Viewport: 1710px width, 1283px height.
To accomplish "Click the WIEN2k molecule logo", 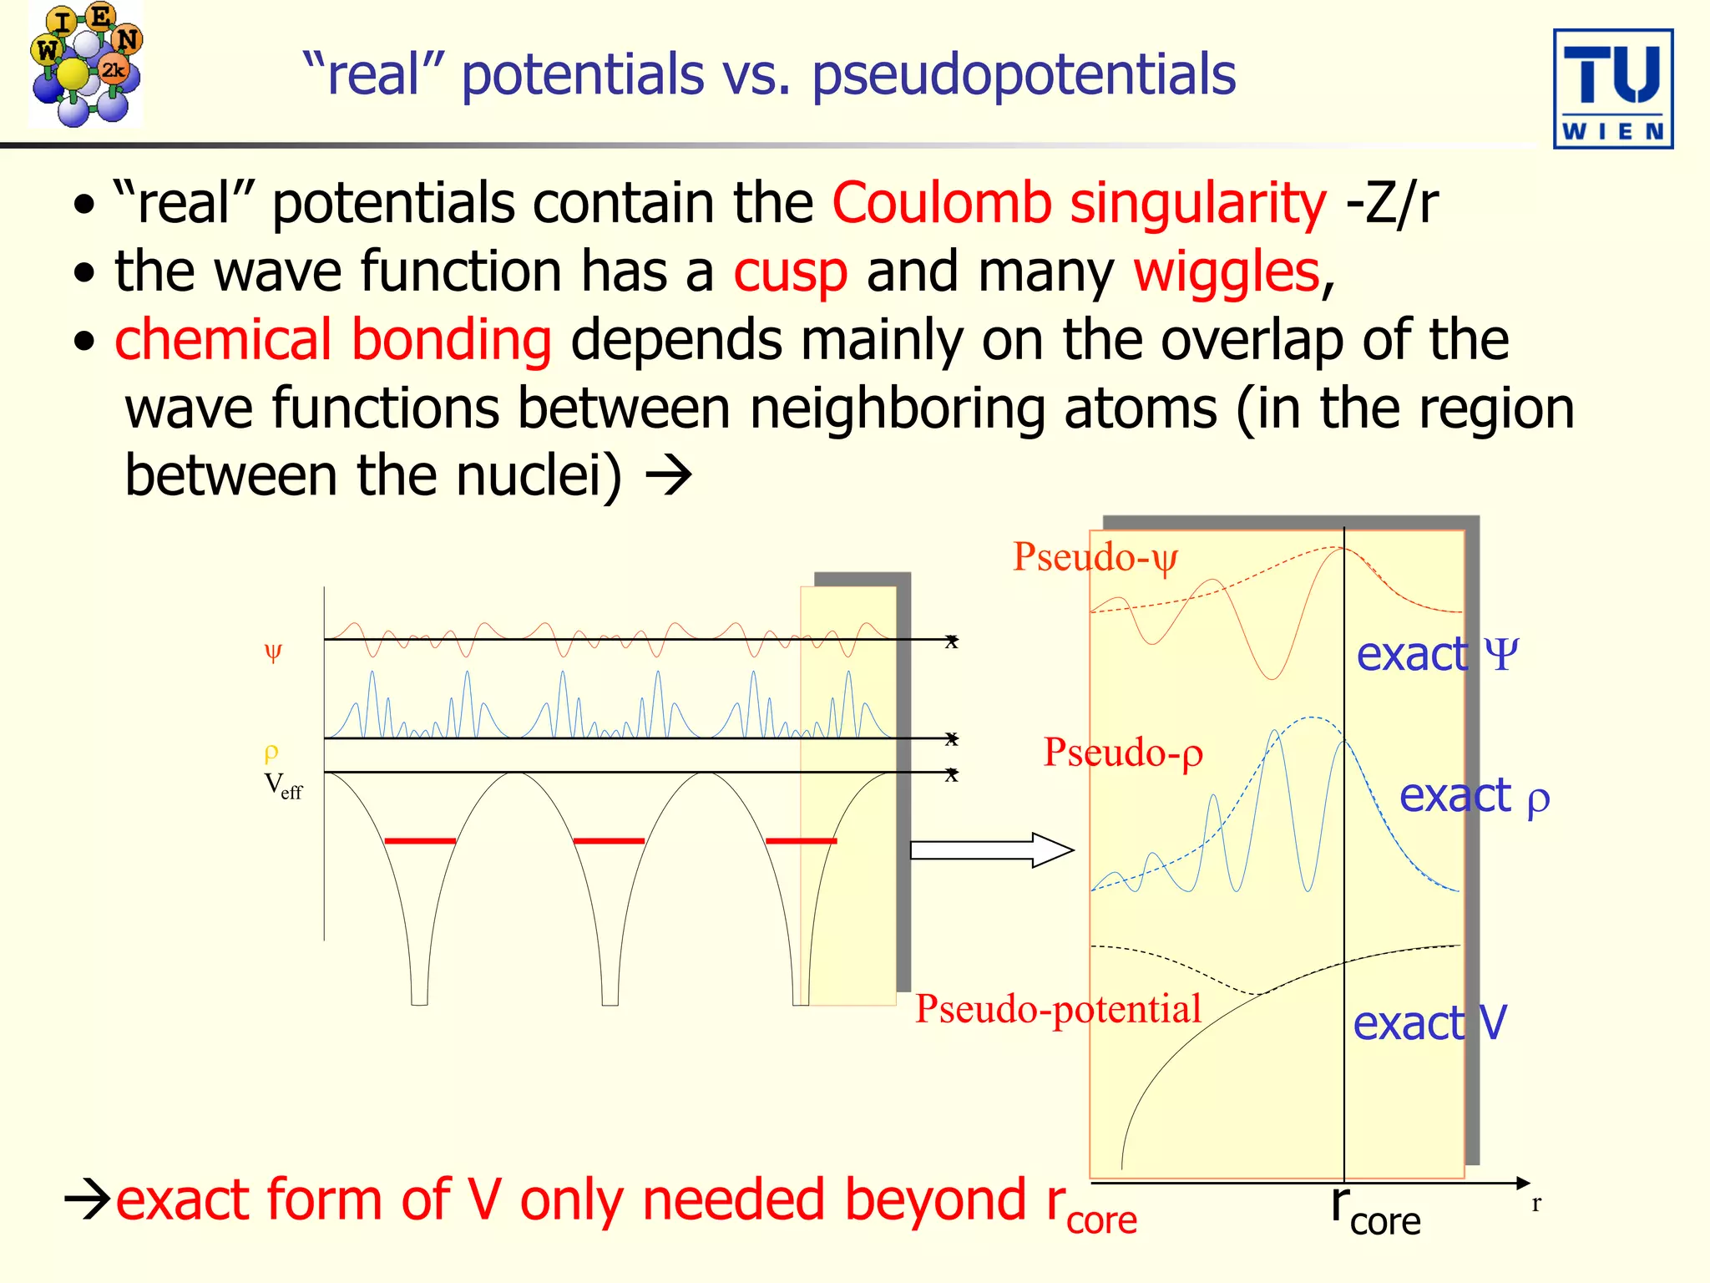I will [x=85, y=65].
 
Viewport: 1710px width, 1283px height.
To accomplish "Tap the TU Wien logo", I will [x=1612, y=89].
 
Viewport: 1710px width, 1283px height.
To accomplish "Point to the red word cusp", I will [x=790, y=273].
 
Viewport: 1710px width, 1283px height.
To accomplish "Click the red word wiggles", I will [x=1226, y=272].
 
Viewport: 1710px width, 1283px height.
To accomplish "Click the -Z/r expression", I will [x=1393, y=204].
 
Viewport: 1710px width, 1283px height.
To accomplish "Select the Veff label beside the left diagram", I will [x=283, y=786].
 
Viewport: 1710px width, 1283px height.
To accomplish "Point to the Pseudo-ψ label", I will [x=1095, y=557].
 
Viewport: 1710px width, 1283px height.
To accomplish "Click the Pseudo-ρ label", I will [x=1123, y=753].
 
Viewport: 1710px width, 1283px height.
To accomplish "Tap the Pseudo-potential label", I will [x=1058, y=1009].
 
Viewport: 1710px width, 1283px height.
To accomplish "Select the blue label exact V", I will [x=1429, y=1023].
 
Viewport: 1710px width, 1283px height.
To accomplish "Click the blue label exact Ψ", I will [x=1436, y=654].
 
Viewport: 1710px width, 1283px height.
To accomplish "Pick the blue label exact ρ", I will [x=1474, y=796].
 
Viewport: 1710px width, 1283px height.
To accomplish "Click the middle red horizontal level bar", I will [x=609, y=840].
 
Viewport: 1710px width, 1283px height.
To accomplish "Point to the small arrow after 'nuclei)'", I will [x=669, y=476].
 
